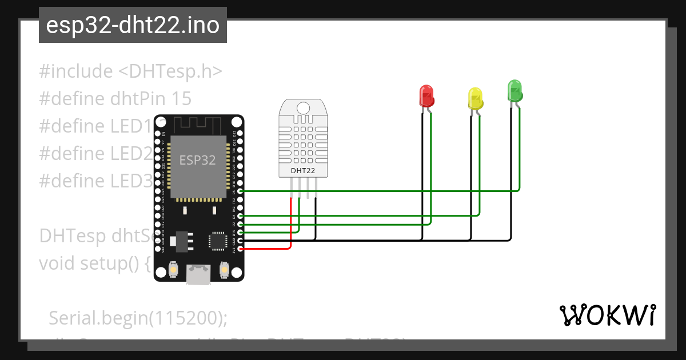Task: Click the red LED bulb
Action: point(426,95)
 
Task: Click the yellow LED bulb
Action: point(475,98)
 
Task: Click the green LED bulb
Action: point(514,91)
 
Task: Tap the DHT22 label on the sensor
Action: point(303,170)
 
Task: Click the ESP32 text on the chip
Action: point(198,161)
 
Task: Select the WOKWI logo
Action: point(607,315)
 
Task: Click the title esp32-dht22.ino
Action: point(133,26)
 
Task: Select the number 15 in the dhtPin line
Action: point(181,99)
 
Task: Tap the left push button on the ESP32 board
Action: point(174,269)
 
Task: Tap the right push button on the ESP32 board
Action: point(224,269)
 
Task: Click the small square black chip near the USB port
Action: point(218,241)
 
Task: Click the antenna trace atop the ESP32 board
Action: point(197,123)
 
